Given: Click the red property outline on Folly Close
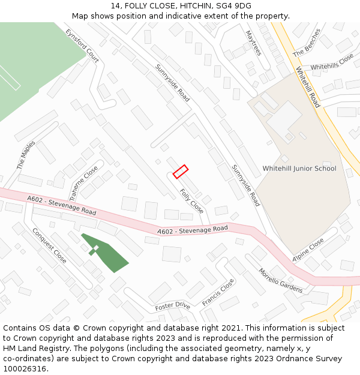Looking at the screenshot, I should pyautogui.click(x=181, y=172).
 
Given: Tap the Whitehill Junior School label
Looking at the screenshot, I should pyautogui.click(x=299, y=169).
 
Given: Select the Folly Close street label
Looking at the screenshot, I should pyautogui.click(x=191, y=201).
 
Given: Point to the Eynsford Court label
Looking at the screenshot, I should pyautogui.click(x=82, y=46).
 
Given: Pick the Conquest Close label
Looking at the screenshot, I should pyautogui.click(x=49, y=245).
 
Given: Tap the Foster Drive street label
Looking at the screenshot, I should pyautogui.click(x=172, y=307).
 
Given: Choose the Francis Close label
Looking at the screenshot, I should pyautogui.click(x=218, y=292).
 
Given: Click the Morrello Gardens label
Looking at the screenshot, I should pyautogui.click(x=280, y=280).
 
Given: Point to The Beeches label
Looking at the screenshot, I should pyautogui.click(x=307, y=43).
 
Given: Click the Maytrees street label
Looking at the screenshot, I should pyautogui.click(x=254, y=43).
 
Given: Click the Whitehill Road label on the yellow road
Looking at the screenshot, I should pyautogui.click(x=308, y=87).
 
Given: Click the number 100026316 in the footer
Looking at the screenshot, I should pyautogui.click(x=26, y=369).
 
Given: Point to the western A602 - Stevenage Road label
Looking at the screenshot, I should pyautogui.click(x=61, y=206).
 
